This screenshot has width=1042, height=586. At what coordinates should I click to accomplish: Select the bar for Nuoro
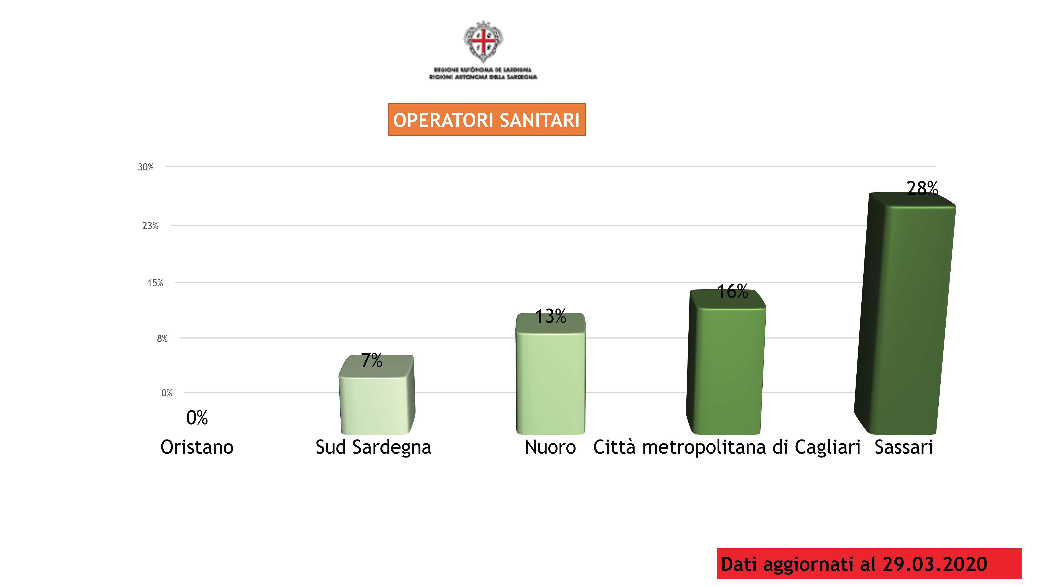[551, 380]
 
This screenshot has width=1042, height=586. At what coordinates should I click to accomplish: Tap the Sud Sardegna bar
[375, 404]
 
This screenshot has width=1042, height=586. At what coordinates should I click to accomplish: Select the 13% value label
[551, 316]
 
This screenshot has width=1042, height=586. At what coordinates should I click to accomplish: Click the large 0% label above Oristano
[197, 418]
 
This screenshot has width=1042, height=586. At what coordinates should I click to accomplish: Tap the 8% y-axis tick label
[162, 339]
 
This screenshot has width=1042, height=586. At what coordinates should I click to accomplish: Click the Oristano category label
[197, 447]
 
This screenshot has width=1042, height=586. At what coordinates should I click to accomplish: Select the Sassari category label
[904, 447]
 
